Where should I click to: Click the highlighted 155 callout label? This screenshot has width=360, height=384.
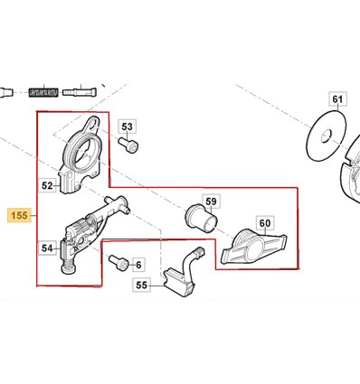19,215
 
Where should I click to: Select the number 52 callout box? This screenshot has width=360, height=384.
47,185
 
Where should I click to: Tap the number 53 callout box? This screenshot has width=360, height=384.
127,126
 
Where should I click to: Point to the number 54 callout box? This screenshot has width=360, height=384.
47,248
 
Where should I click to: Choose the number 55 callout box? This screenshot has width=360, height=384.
142,285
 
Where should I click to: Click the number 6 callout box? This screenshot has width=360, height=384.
138,265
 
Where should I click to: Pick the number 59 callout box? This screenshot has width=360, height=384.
211,201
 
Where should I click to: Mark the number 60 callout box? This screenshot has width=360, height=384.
265,223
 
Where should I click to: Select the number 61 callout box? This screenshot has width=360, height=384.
337,98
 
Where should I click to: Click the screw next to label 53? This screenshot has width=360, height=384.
128,145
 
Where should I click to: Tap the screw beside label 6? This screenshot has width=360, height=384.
118,262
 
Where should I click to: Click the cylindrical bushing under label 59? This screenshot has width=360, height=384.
201,218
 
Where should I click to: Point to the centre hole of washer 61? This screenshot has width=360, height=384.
327,136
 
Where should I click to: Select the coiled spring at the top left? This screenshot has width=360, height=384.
43,92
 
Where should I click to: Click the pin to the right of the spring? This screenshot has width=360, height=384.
80,91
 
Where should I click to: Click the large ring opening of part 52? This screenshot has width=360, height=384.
83,151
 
